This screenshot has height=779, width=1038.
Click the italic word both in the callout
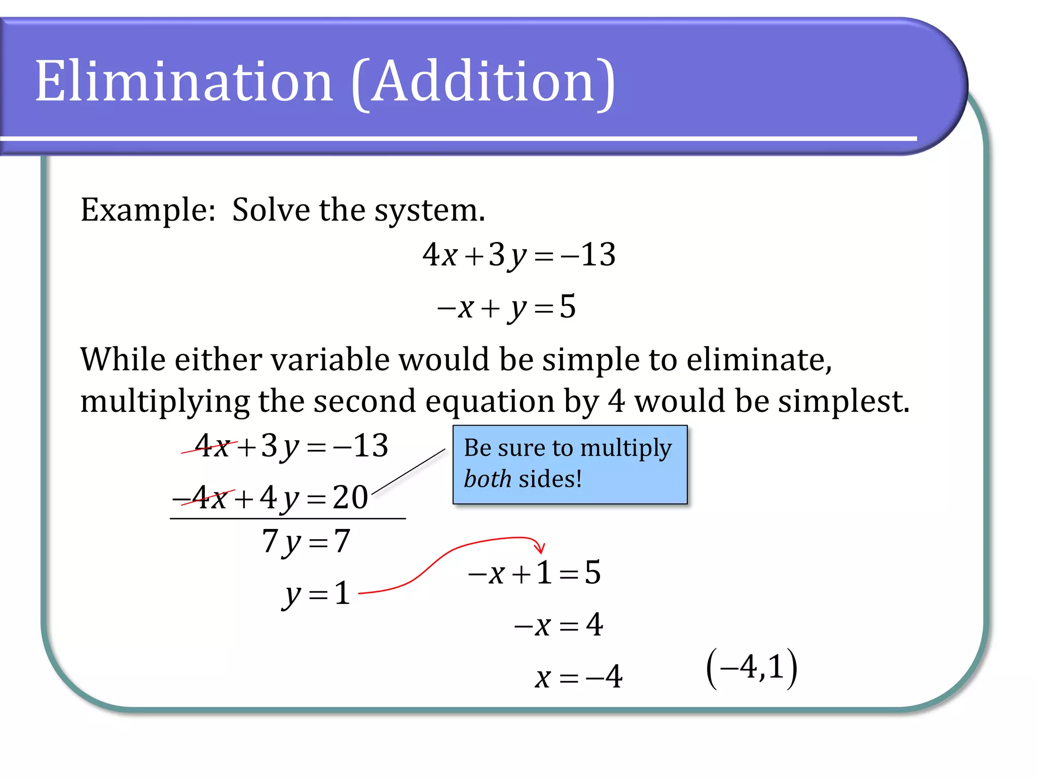(x=487, y=479)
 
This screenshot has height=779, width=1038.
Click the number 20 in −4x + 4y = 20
(x=350, y=498)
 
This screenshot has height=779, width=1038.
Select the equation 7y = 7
(x=306, y=542)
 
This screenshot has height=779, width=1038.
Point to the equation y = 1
(x=317, y=594)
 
